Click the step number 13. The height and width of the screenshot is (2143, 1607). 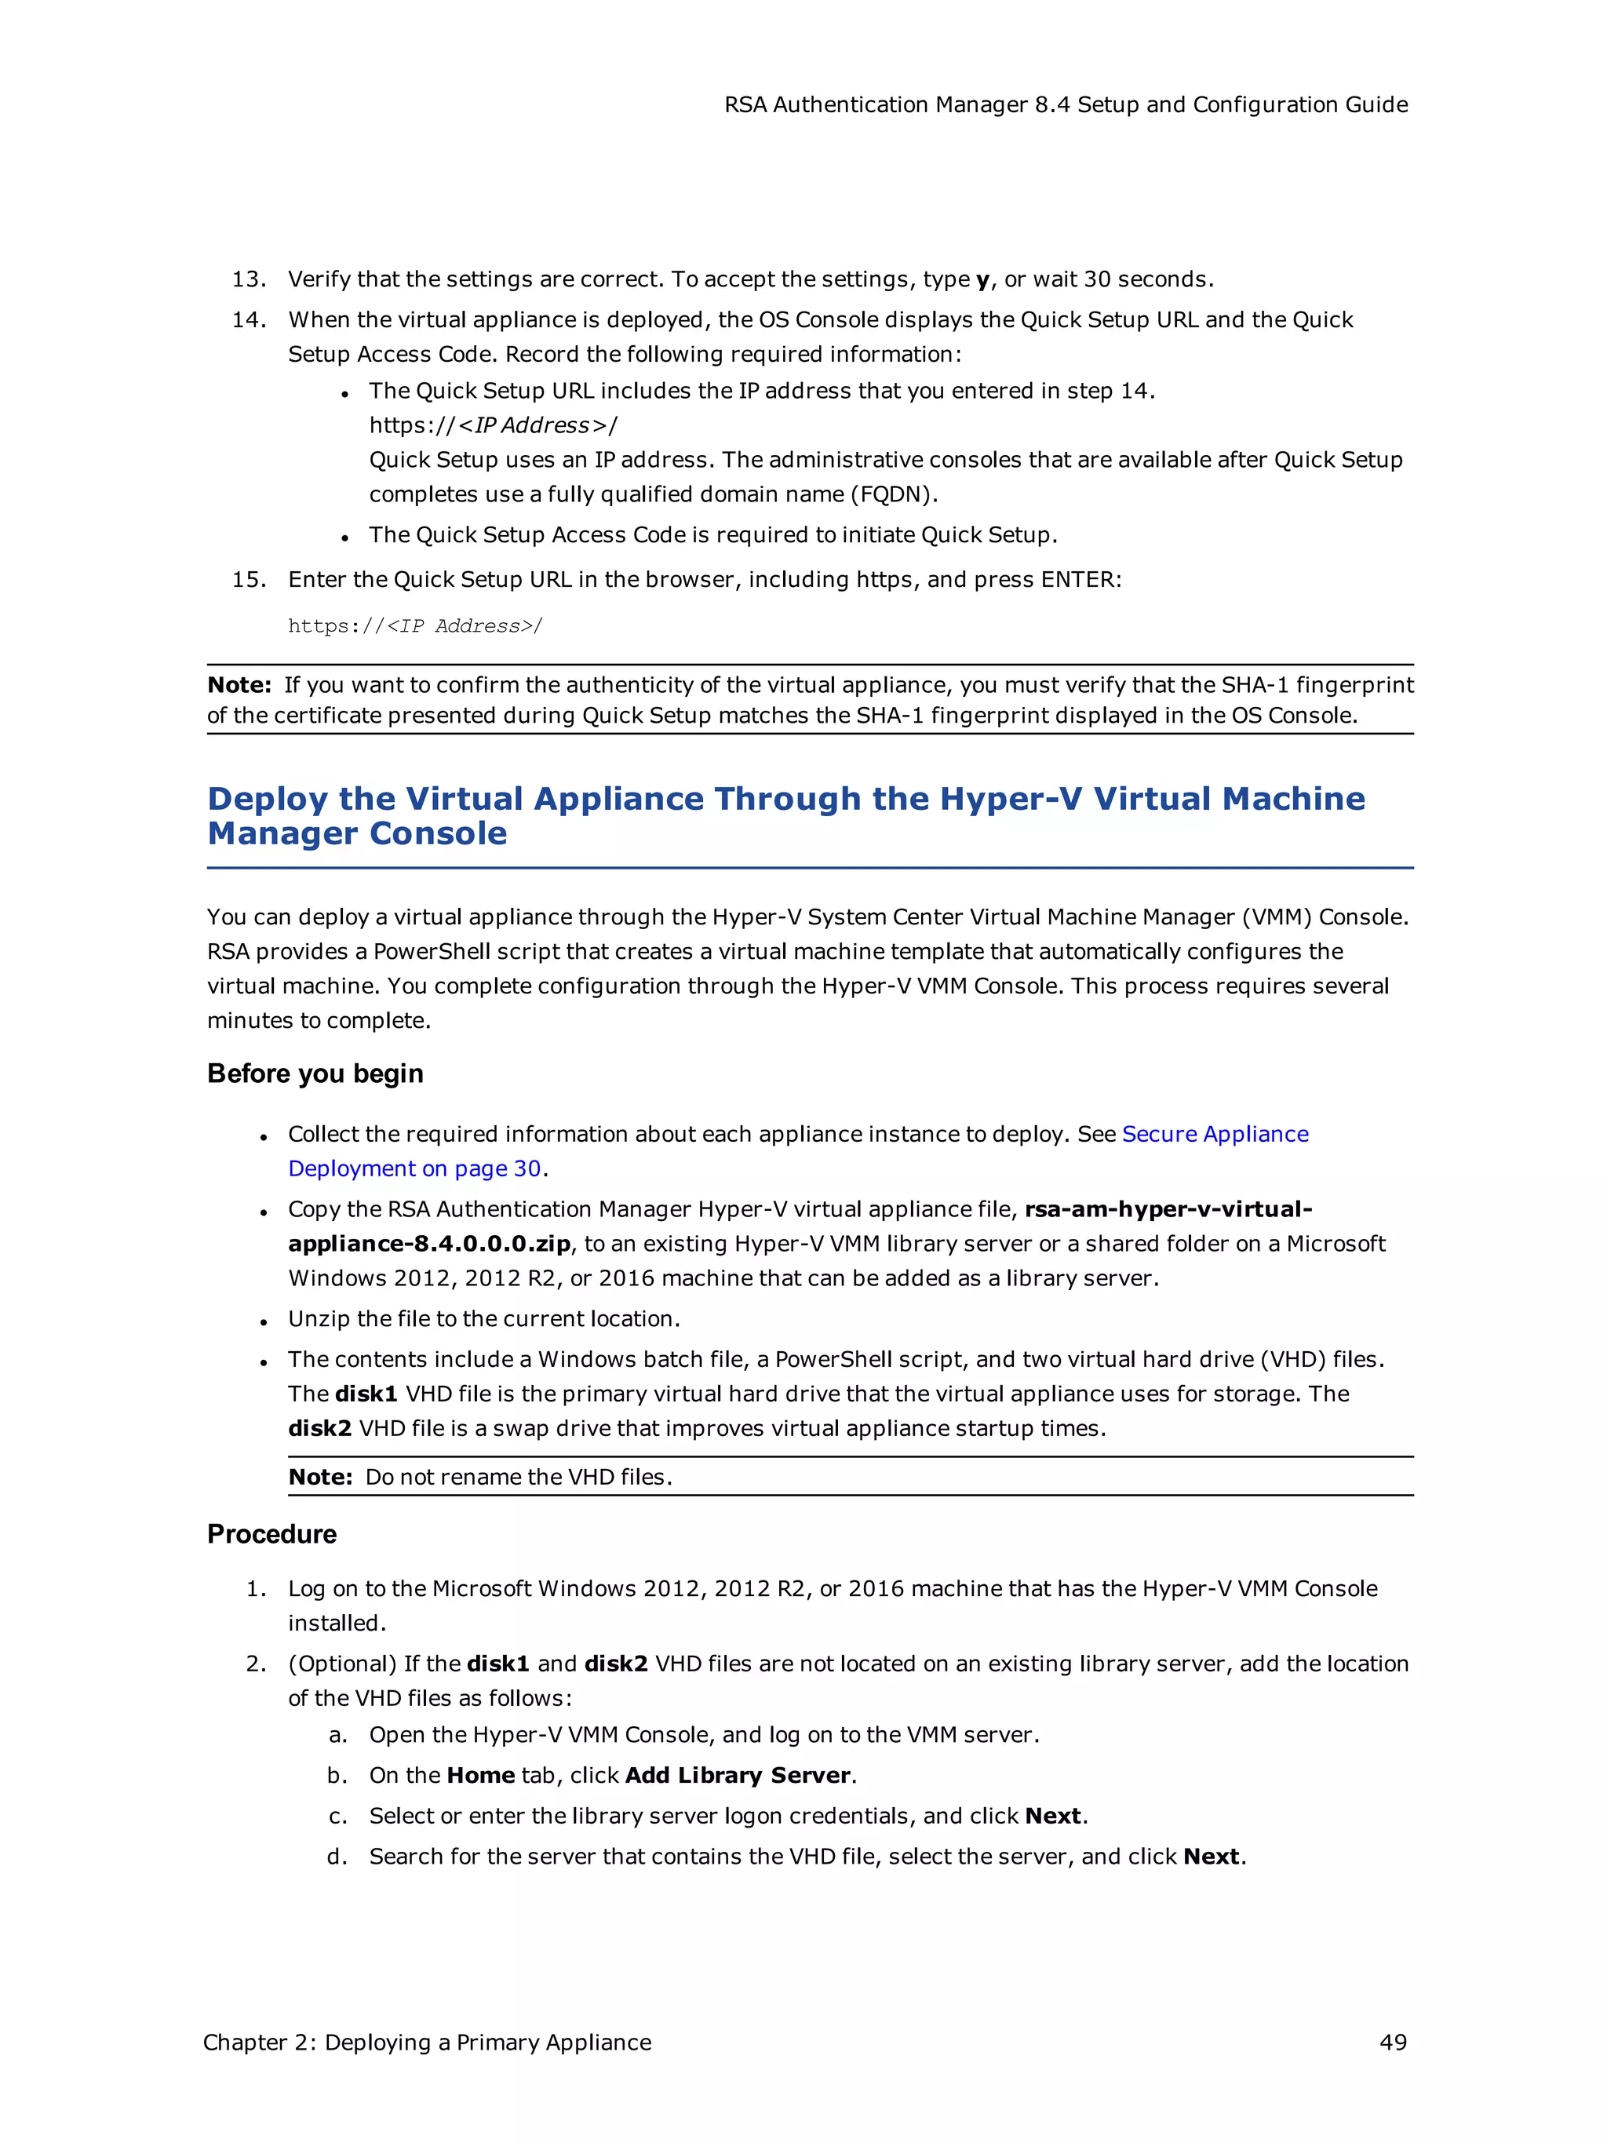[248, 279]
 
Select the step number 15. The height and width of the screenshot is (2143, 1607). [248, 579]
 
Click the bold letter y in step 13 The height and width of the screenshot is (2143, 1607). [982, 280]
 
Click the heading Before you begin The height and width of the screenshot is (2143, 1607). [315, 1073]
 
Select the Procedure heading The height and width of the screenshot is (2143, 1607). [271, 1533]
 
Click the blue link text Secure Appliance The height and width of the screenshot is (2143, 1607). [1215, 1134]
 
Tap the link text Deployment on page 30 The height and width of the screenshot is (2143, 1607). [414, 1168]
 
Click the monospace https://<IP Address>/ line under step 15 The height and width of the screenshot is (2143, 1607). [414, 626]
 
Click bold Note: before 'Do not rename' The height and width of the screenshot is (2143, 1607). [319, 1477]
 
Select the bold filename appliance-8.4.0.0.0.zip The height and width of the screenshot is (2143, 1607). [428, 1243]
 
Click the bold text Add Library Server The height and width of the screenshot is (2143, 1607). [737, 1775]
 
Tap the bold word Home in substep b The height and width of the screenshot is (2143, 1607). [480, 1775]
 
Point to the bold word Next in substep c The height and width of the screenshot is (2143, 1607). [1052, 1816]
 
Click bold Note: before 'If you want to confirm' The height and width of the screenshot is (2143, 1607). [239, 685]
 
